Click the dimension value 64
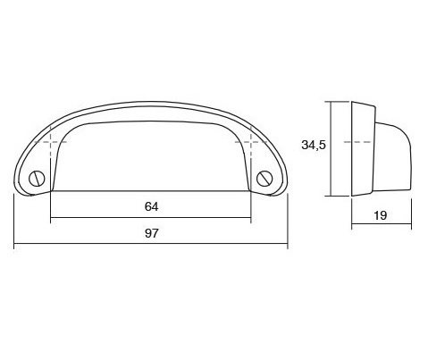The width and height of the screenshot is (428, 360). point(151,206)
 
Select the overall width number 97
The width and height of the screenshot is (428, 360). point(151,233)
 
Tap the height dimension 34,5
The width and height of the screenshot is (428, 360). point(314,143)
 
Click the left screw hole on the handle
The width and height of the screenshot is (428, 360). point(36,177)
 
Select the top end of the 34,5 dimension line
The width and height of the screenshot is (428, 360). point(332,101)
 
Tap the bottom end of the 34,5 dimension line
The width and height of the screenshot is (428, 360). point(332,196)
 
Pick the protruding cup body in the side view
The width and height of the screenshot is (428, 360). point(393,152)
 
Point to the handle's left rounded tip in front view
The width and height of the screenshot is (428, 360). point(20,174)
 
